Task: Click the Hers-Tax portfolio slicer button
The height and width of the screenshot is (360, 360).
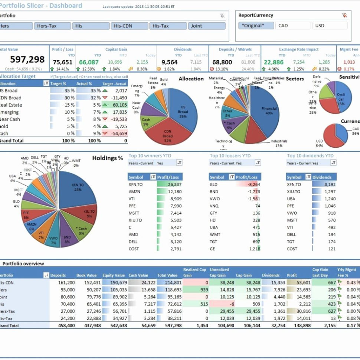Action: [x=52, y=26]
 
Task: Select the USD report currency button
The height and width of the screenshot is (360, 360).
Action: [x=330, y=26]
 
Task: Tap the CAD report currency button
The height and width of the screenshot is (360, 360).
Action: [x=293, y=26]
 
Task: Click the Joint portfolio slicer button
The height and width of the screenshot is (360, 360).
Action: [x=207, y=26]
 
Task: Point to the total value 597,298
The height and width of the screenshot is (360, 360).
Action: [x=27, y=59]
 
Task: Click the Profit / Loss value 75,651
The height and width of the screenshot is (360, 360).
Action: [x=62, y=62]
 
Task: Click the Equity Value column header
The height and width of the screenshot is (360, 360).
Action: [x=114, y=275]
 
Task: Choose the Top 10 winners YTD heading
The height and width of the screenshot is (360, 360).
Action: [x=150, y=156]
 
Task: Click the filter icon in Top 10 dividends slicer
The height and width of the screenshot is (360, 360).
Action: [x=333, y=163]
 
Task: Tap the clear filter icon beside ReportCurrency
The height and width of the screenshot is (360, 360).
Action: [x=344, y=16]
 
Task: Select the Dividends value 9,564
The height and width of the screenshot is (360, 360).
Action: [x=170, y=62]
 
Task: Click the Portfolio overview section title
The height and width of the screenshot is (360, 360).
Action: [x=23, y=264]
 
